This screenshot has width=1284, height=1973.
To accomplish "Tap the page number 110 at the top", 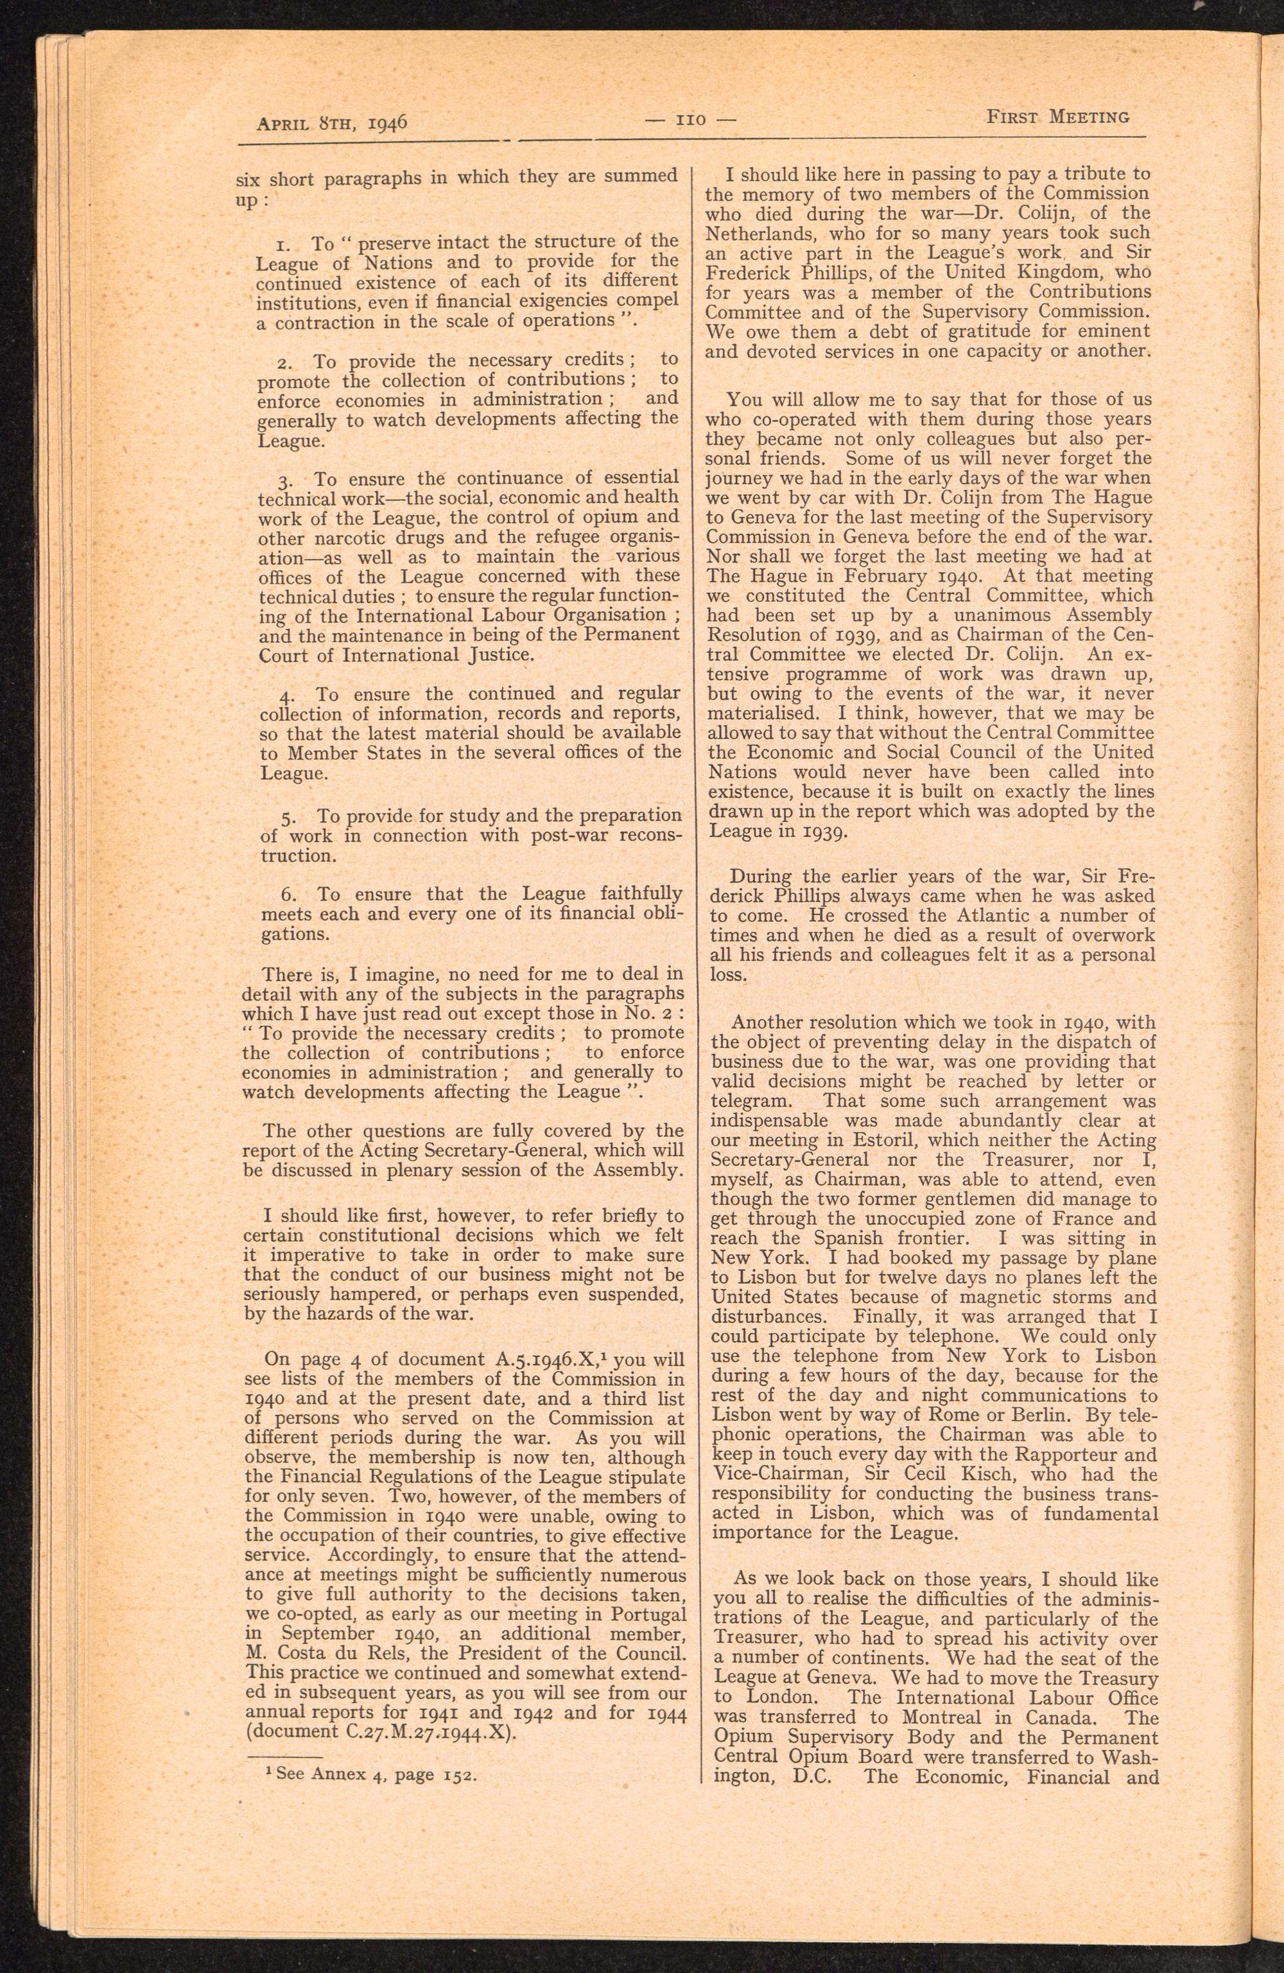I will click(x=691, y=119).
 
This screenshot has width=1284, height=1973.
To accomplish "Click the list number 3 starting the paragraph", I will click(x=284, y=480).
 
